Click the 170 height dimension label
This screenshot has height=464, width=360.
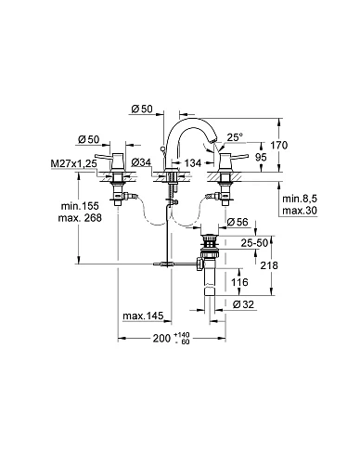click(x=279, y=145)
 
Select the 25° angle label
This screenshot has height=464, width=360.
click(x=235, y=137)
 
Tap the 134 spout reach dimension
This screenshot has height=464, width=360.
click(x=192, y=163)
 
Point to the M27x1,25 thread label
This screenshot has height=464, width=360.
click(x=74, y=163)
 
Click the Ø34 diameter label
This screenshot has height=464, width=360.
click(x=141, y=162)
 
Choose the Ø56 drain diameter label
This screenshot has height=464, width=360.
click(x=238, y=222)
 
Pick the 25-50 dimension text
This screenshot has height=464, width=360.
click(x=254, y=243)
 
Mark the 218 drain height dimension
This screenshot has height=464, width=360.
click(x=269, y=265)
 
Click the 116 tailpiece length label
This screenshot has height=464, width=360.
click(x=239, y=282)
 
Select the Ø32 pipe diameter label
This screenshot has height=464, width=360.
click(x=243, y=304)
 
